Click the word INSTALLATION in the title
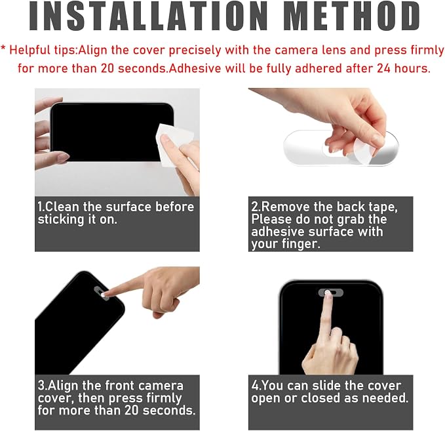click(148, 16)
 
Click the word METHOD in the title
click(354, 16)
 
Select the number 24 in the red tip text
click(383, 68)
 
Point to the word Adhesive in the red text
click(195, 68)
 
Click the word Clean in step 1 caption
click(62, 207)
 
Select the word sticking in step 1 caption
click(61, 220)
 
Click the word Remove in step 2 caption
click(286, 207)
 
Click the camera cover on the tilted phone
click(102, 293)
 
